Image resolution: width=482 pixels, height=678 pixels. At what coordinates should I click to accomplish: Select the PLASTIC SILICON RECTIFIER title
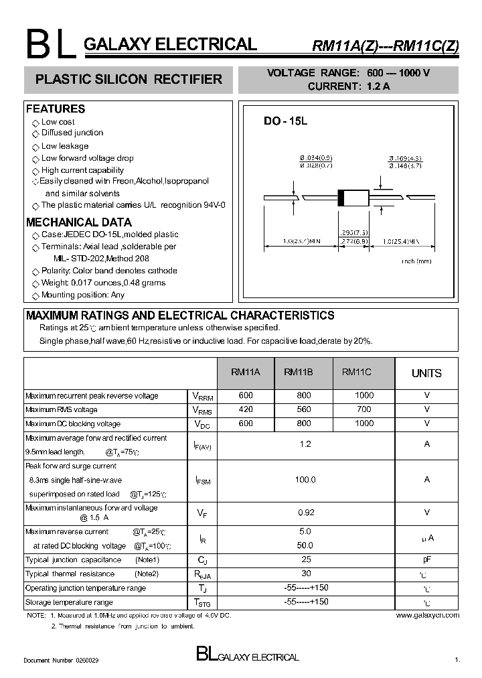pos(128,80)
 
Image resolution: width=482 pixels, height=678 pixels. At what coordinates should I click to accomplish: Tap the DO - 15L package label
pos(285,121)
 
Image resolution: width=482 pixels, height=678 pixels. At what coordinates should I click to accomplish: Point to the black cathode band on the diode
pos(341,198)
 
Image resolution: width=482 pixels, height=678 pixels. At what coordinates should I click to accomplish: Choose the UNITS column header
pos(426,373)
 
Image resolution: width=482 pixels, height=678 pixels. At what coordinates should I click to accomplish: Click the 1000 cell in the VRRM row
pos(364,395)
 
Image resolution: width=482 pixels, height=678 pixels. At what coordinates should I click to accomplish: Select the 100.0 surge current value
pos(305,480)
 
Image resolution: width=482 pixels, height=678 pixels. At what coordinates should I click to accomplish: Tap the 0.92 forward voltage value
pos(305,513)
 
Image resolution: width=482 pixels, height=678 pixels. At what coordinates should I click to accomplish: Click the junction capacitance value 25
pos(305,559)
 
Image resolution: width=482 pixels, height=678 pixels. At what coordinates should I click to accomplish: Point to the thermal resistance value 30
pos(305,573)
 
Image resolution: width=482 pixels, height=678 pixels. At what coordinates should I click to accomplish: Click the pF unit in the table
pos(426,559)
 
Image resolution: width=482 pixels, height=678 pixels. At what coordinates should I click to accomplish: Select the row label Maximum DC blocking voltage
pos(73,424)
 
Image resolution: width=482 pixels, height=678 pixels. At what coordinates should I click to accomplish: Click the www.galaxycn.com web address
pos(427,615)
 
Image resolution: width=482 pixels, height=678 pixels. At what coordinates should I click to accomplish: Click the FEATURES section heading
pos(56,109)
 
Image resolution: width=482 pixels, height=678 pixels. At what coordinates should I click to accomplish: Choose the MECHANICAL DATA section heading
pos(79,222)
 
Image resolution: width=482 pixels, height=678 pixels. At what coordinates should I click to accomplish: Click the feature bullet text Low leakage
pos(64,146)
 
